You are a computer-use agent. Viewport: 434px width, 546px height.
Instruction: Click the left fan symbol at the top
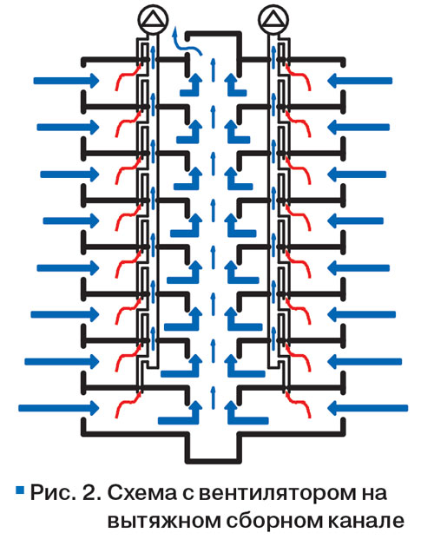point(153,20)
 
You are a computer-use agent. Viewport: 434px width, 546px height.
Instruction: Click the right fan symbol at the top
point(273,20)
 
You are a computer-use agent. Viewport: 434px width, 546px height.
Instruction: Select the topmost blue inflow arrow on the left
point(66,81)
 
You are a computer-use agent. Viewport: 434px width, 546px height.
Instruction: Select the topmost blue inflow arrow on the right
point(360,81)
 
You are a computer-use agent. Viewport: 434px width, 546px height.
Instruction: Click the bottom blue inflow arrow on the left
point(58,407)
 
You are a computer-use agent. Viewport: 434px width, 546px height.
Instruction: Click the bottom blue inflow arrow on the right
point(367,407)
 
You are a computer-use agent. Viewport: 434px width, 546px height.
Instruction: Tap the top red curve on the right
point(299,75)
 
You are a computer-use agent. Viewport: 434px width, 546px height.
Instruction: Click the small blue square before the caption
point(20,490)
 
